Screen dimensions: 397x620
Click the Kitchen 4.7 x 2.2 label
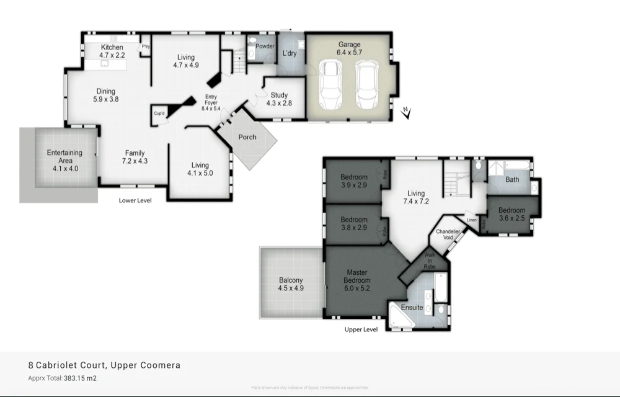click(112, 51)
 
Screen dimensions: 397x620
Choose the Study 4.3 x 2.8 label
click(278, 99)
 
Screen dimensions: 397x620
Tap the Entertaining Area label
click(64, 160)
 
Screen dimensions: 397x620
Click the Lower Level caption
click(135, 200)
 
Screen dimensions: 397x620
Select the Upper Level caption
click(361, 329)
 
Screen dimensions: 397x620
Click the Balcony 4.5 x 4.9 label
click(291, 284)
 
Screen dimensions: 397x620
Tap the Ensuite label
click(412, 308)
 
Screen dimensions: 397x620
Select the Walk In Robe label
click(430, 261)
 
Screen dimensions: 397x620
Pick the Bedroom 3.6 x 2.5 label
click(511, 214)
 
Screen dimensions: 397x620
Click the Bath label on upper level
click(512, 180)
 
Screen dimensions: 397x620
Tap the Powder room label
click(265, 47)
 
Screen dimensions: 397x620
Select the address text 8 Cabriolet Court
click(105, 365)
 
